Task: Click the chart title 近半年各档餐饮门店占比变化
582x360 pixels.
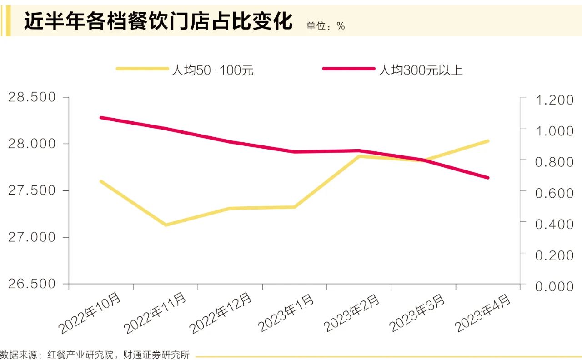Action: tap(158, 21)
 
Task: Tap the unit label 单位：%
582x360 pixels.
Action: tap(326, 26)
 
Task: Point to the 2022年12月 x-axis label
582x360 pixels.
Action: tap(221, 313)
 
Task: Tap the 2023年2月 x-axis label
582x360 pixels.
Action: tap(351, 313)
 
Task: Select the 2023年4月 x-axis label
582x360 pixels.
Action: tap(483, 313)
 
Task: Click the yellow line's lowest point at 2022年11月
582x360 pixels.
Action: tap(166, 225)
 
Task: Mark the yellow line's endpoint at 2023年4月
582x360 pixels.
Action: tap(487, 141)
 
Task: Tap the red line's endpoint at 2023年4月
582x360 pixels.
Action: tap(487, 178)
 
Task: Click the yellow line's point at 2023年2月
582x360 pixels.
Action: tap(359, 156)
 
